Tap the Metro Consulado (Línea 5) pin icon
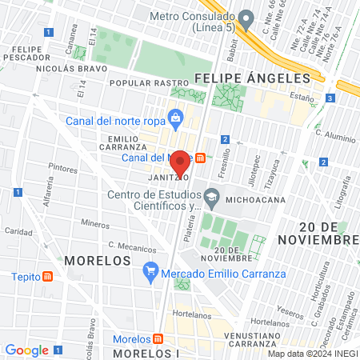click(x=246, y=17)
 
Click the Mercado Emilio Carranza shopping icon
click(x=149, y=271)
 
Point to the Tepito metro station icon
click(x=47, y=277)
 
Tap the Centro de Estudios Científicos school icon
click(x=211, y=196)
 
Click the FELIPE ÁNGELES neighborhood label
click(x=251, y=78)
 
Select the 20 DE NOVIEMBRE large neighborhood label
click(x=318, y=232)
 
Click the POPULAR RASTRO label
click(x=141, y=82)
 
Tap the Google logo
click(x=26, y=350)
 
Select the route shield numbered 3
click(x=330, y=98)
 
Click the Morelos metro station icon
click(x=158, y=338)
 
